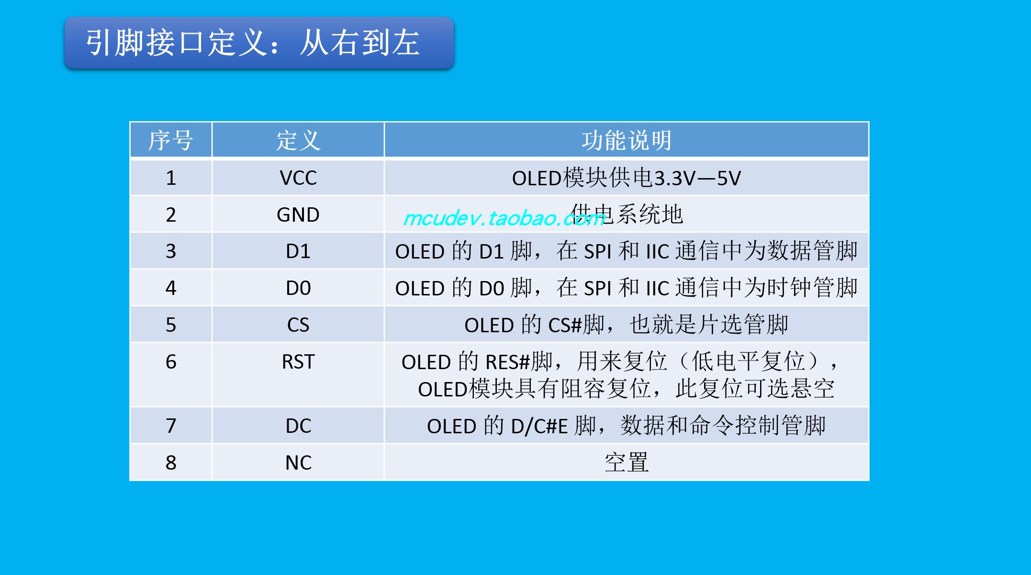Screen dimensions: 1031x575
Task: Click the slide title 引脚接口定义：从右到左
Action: click(253, 43)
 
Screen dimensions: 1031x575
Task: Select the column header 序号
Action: click(171, 140)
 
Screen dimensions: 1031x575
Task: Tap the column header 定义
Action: click(298, 140)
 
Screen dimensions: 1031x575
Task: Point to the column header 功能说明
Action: click(627, 140)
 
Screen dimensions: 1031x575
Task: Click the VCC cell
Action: click(298, 178)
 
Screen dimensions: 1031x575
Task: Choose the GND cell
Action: click(298, 214)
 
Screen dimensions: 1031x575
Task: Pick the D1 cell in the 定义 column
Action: click(298, 251)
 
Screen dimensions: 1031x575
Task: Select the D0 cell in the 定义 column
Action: click(298, 288)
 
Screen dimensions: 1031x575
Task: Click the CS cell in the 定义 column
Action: click(298, 325)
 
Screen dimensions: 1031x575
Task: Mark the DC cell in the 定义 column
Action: click(298, 426)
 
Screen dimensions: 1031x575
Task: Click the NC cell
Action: click(298, 462)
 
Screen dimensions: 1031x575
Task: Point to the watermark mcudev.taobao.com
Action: click(504, 218)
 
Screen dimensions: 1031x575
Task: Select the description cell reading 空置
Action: click(627, 462)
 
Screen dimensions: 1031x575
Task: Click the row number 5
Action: click(171, 325)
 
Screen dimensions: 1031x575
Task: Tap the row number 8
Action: click(171, 462)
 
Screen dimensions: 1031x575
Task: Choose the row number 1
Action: click(171, 178)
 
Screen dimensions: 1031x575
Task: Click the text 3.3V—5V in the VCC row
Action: click(697, 179)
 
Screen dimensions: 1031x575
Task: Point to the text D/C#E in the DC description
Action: click(539, 426)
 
